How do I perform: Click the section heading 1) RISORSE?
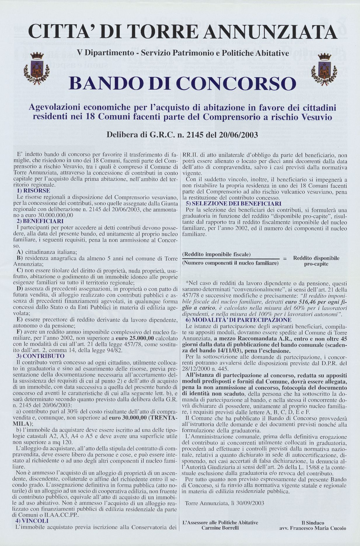coord(33,191)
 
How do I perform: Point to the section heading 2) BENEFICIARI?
coord(40,221)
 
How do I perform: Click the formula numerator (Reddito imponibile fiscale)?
coord(216,254)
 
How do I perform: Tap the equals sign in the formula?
coord(285,259)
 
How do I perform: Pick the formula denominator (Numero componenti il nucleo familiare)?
coord(230,263)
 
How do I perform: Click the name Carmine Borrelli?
coord(220,528)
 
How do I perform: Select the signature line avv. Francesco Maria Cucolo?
coord(313,528)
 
